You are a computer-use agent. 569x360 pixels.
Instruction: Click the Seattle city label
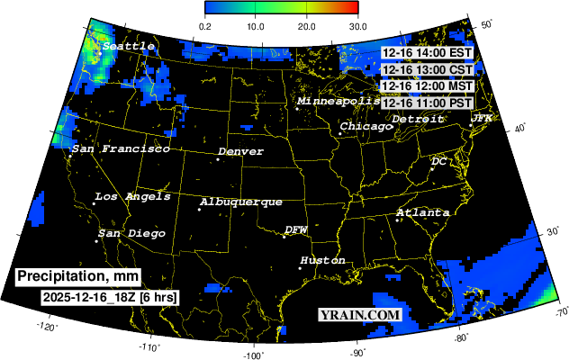128,46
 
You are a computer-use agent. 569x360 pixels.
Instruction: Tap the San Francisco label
121,148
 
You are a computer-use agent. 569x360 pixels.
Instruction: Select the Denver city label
240,152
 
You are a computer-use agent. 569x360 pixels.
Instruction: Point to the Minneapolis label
339,102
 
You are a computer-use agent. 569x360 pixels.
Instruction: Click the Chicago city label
366,127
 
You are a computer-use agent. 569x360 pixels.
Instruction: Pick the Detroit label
418,119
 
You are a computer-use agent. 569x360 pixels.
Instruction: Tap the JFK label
482,118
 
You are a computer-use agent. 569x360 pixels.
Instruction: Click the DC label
438,161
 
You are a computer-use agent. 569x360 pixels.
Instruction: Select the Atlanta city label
423,212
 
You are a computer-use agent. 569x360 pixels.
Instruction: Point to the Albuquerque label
241,202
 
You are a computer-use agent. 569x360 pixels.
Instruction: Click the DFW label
296,230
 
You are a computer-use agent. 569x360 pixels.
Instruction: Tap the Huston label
322,260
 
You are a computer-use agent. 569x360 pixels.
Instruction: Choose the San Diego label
131,234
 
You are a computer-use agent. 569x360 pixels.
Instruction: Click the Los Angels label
132,196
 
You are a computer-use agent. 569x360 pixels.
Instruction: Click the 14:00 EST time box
427,53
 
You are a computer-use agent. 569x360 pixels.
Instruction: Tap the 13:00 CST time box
427,69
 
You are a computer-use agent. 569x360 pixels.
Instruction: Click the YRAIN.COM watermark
359,315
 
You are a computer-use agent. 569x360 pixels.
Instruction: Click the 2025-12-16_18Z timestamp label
109,296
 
